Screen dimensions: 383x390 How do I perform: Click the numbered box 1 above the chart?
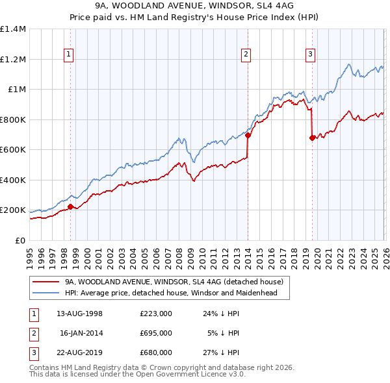pyautogui.click(x=69, y=55)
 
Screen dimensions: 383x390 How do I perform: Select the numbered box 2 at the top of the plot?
pyautogui.click(x=246, y=55)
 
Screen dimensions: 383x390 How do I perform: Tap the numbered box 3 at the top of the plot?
pyautogui.click(x=311, y=55)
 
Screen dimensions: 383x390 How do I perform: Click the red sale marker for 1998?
pyautogui.click(x=71, y=207)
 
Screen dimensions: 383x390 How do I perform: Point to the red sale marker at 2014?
pyautogui.click(x=248, y=136)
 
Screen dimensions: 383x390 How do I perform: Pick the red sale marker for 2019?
pyautogui.click(x=312, y=138)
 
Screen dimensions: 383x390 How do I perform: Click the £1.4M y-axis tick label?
pyautogui.click(x=13, y=29)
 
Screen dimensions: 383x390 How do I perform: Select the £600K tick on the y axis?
pyautogui.click(x=13, y=150)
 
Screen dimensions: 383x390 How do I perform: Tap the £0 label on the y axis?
pyautogui.click(x=19, y=240)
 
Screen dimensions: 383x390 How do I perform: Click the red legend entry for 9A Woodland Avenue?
pyautogui.click(x=174, y=282)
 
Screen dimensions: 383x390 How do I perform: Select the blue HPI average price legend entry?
pyautogui.click(x=171, y=293)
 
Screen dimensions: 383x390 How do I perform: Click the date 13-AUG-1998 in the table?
pyautogui.click(x=79, y=314)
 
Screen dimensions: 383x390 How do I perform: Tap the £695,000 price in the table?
pyautogui.click(x=156, y=333)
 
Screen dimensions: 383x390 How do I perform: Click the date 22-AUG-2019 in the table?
pyautogui.click(x=79, y=352)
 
